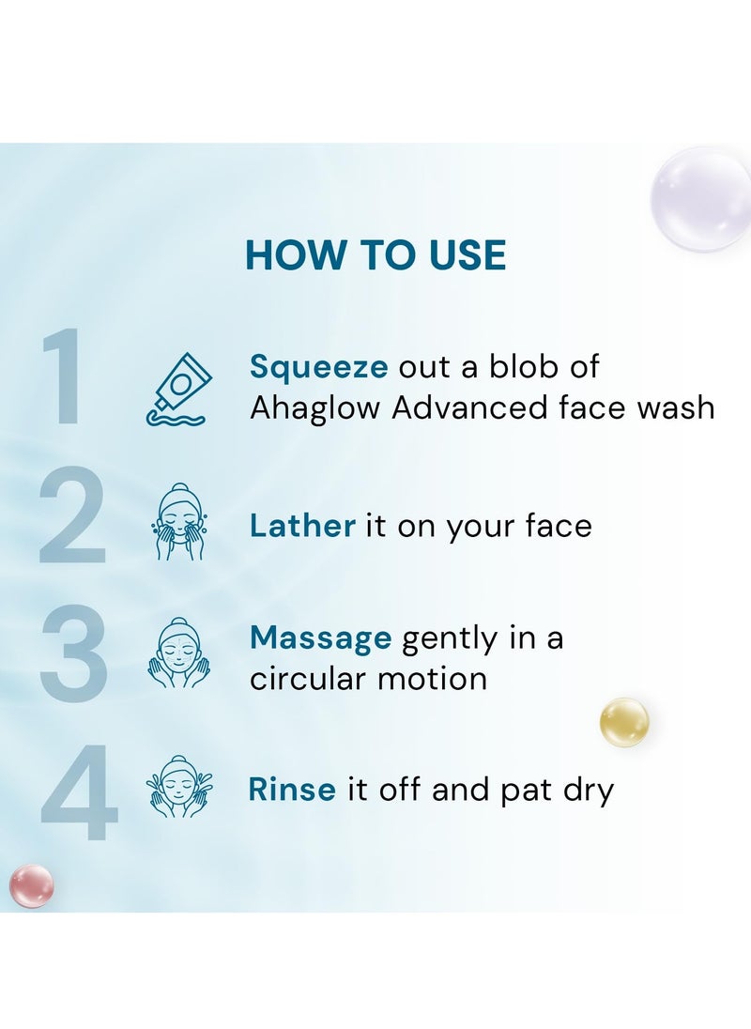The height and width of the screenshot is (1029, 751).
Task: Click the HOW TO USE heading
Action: [375, 255]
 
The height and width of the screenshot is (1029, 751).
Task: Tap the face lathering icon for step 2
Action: [179, 522]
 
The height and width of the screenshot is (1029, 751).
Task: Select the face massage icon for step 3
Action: [179, 653]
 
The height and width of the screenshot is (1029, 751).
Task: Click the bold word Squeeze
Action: [318, 367]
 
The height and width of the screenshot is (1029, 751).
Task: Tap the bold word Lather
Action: [302, 526]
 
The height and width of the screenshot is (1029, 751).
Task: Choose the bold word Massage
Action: [320, 639]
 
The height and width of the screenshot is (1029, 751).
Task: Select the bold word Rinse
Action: [292, 790]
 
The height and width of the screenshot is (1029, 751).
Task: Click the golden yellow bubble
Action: [624, 722]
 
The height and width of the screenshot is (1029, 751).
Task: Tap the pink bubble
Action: [32, 885]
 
